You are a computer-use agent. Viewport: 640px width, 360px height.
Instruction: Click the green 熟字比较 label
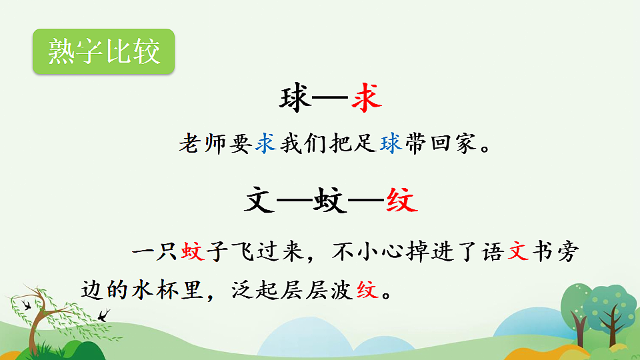[x=103, y=52]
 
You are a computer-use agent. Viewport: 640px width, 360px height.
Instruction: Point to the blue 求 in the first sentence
[x=266, y=144]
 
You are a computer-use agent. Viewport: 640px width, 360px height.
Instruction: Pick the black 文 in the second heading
[x=261, y=200]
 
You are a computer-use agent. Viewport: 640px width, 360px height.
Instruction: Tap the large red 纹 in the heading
[x=401, y=200]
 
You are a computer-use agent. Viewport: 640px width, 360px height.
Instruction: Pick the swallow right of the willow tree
[x=103, y=314]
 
